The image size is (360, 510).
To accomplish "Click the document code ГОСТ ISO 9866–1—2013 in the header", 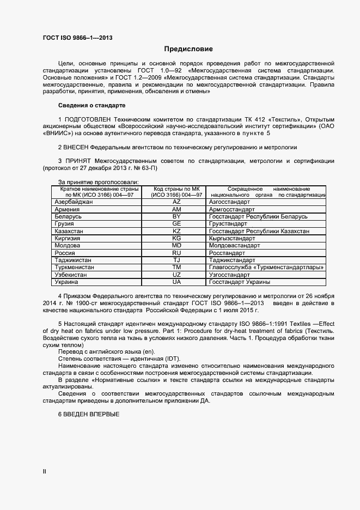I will [78, 38].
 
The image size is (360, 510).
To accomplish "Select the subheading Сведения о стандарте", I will [91, 105].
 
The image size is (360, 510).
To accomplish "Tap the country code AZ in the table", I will [176, 202].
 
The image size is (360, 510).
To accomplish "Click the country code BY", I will [176, 216].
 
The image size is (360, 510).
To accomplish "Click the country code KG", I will [176, 239].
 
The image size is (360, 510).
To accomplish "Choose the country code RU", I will [176, 253].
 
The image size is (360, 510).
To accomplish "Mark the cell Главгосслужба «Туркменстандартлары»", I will [266, 268].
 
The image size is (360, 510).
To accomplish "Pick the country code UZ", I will [176, 275].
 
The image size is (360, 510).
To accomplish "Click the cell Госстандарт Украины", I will [240, 282].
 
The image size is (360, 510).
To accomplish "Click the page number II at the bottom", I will [45, 471].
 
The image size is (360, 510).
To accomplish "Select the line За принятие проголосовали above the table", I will [98, 181].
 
